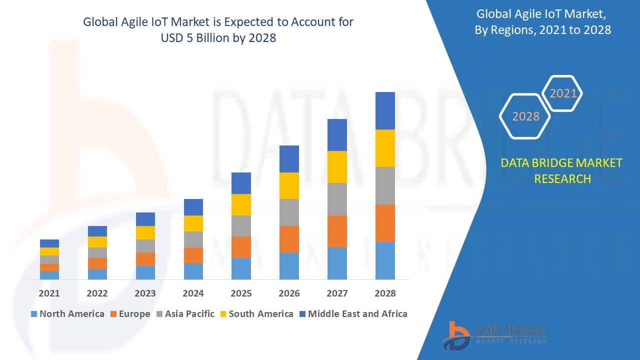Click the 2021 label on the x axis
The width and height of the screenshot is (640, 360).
click(x=49, y=293)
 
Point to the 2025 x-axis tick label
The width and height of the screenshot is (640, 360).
click(x=241, y=293)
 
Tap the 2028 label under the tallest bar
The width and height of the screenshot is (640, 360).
click(x=385, y=293)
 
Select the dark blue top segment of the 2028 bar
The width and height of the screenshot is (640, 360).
click(x=385, y=110)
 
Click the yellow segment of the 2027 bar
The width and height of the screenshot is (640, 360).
click(x=337, y=167)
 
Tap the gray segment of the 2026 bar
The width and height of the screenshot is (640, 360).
click(x=289, y=212)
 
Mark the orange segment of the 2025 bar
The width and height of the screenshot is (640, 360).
click(x=241, y=247)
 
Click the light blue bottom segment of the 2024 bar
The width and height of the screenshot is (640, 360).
click(x=193, y=271)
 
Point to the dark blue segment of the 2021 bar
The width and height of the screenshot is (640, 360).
click(x=49, y=243)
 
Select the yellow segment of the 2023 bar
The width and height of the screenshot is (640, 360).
click(x=145, y=232)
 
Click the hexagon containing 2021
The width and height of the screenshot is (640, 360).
click(x=563, y=93)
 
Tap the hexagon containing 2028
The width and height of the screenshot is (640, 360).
click(x=525, y=116)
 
